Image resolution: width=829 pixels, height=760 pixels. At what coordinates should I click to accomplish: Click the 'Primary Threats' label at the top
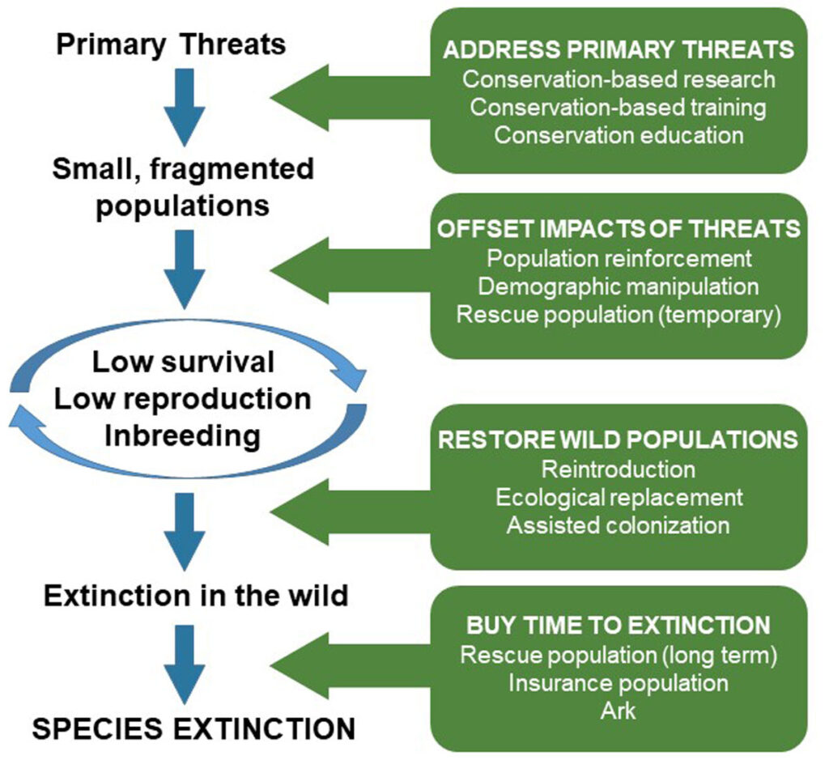(171, 44)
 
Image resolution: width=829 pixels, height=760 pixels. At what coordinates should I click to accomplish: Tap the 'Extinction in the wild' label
(196, 597)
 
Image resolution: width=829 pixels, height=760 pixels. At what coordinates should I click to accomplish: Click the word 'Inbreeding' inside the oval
(183, 436)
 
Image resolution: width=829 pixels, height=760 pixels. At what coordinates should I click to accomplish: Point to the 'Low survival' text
(183, 362)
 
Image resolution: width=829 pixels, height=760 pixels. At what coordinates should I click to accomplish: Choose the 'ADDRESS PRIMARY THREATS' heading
(619, 50)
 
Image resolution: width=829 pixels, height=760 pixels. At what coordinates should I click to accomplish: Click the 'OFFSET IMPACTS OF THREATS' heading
(619, 229)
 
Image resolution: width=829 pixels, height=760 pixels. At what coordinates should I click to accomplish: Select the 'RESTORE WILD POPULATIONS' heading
(619, 439)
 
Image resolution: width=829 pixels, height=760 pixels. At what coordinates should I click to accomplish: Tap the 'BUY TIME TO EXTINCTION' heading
(619, 626)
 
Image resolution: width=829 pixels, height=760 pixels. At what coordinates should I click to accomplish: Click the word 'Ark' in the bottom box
(619, 710)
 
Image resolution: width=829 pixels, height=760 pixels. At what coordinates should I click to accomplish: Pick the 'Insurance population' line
(619, 682)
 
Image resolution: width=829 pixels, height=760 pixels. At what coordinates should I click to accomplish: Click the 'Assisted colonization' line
(619, 524)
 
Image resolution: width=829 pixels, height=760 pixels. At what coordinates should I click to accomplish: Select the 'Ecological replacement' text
(619, 497)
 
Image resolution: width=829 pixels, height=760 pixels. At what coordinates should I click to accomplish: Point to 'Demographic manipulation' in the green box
(619, 286)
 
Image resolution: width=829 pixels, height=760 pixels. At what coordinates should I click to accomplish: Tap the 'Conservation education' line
(619, 134)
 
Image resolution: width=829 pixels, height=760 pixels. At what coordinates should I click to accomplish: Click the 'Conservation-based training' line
(619, 107)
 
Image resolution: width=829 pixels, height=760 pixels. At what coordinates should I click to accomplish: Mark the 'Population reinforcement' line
(619, 258)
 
